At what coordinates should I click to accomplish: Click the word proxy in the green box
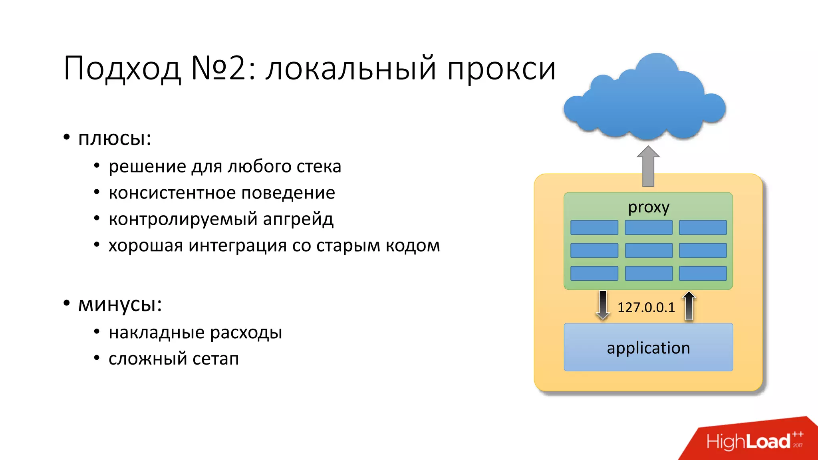pos(648,207)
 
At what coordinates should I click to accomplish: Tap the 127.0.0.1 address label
pos(646,307)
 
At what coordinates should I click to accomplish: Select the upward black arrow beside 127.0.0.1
pos(689,305)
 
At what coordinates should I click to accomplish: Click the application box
pos(648,347)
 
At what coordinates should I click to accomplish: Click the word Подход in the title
pos(122,69)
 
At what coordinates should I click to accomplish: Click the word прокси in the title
pos(501,69)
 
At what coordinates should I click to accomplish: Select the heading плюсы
pos(114,139)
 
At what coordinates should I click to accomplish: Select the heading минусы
pos(120,305)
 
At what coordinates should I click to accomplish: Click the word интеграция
pos(237,246)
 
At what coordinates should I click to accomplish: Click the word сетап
pos(216,359)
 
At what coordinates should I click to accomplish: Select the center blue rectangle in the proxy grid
pos(648,250)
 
